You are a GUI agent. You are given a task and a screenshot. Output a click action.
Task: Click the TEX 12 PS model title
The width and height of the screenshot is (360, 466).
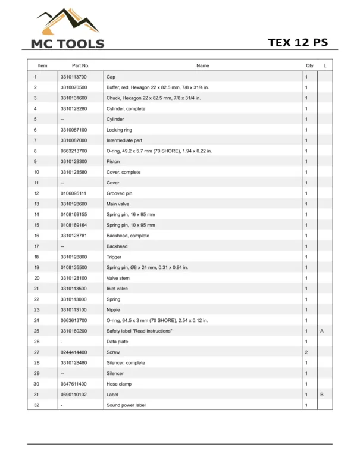298,43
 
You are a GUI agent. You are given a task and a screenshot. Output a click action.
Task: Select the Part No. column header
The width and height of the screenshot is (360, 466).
80,65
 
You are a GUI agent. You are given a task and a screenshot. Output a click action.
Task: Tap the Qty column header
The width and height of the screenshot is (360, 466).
309,65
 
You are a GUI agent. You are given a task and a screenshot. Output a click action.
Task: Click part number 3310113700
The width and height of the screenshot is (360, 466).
74,77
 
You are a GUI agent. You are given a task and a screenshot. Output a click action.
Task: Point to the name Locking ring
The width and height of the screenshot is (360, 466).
119,130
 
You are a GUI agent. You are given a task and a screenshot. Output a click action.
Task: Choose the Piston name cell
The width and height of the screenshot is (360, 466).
114,161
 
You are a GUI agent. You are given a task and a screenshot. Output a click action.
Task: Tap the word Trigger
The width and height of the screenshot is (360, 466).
114,257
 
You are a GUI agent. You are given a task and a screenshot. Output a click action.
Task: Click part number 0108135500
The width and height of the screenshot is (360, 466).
74,267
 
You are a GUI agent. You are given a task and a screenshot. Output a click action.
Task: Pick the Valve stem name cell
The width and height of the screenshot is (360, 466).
118,278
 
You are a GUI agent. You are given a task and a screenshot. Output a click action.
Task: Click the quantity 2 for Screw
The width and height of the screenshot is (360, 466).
306,352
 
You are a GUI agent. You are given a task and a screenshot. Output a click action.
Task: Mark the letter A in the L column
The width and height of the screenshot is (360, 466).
321,331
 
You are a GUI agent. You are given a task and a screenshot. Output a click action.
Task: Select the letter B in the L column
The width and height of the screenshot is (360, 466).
321,395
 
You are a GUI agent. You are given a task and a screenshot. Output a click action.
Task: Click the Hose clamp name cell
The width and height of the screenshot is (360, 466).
118,384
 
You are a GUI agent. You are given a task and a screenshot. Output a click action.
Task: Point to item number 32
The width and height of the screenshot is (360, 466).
36,405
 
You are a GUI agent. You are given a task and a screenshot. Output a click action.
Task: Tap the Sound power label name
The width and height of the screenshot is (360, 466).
126,405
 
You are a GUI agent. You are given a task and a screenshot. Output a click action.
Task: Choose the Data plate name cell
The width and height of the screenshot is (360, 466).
117,342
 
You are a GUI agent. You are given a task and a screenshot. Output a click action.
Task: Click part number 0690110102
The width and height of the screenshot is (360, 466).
74,395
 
